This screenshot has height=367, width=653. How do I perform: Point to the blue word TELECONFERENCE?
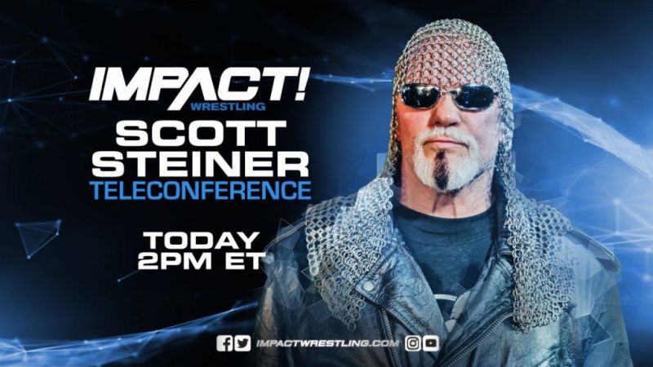(201, 191)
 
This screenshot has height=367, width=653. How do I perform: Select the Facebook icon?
(224, 343)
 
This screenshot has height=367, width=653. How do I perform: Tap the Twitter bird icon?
(242, 343)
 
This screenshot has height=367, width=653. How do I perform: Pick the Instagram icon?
(413, 343)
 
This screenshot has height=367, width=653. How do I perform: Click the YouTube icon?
(431, 343)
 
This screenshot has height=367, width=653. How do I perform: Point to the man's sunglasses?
(446, 97)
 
